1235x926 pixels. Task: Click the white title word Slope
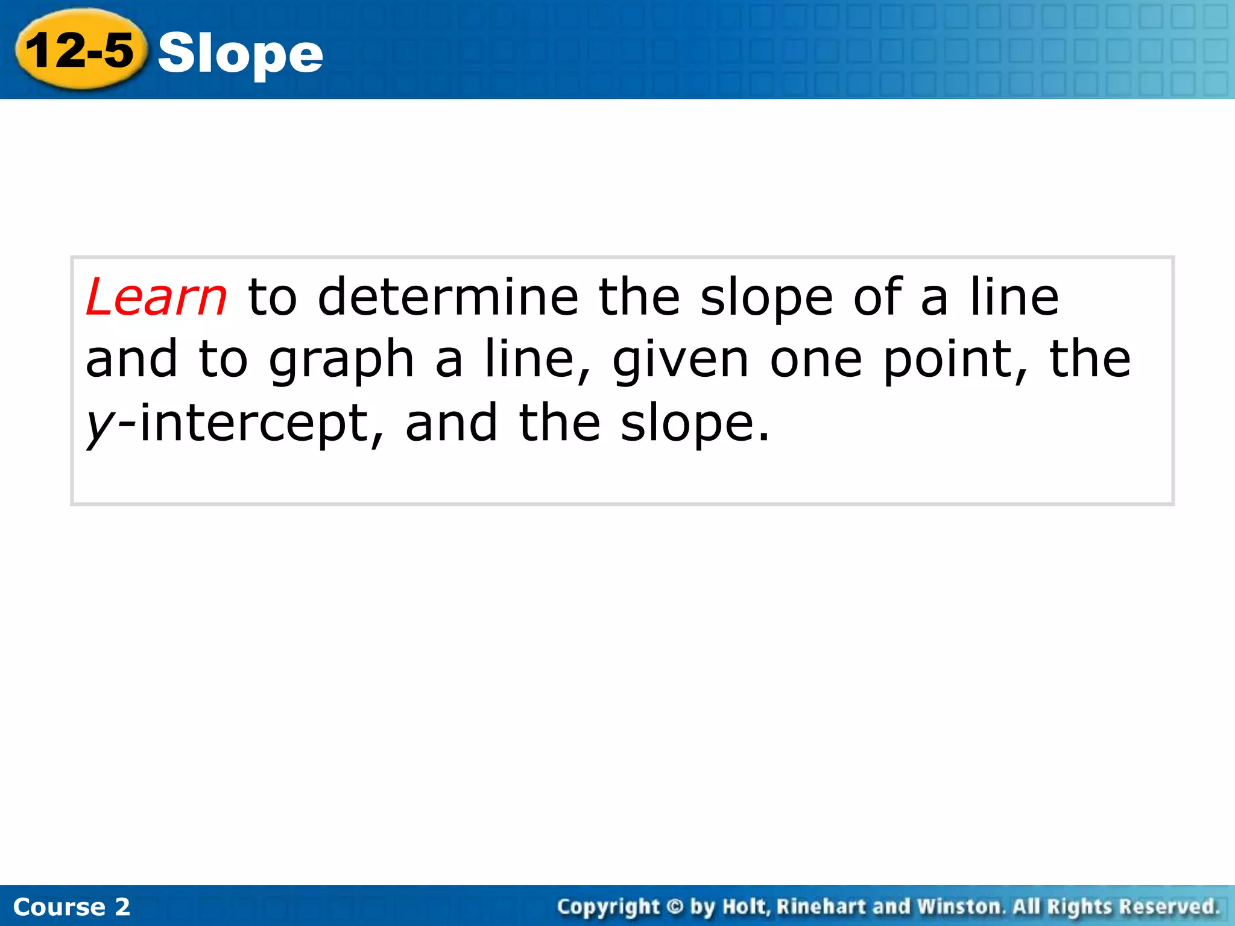click(x=240, y=54)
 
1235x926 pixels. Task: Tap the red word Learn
click(x=156, y=297)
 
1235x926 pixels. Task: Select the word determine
click(x=447, y=297)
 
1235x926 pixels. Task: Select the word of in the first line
click(x=877, y=297)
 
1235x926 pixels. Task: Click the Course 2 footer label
click(x=71, y=907)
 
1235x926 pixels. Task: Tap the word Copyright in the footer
click(x=608, y=907)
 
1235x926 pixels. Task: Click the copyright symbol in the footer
click(x=676, y=907)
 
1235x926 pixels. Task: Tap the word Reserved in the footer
click(x=1169, y=907)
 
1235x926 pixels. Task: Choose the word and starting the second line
click(x=131, y=361)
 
